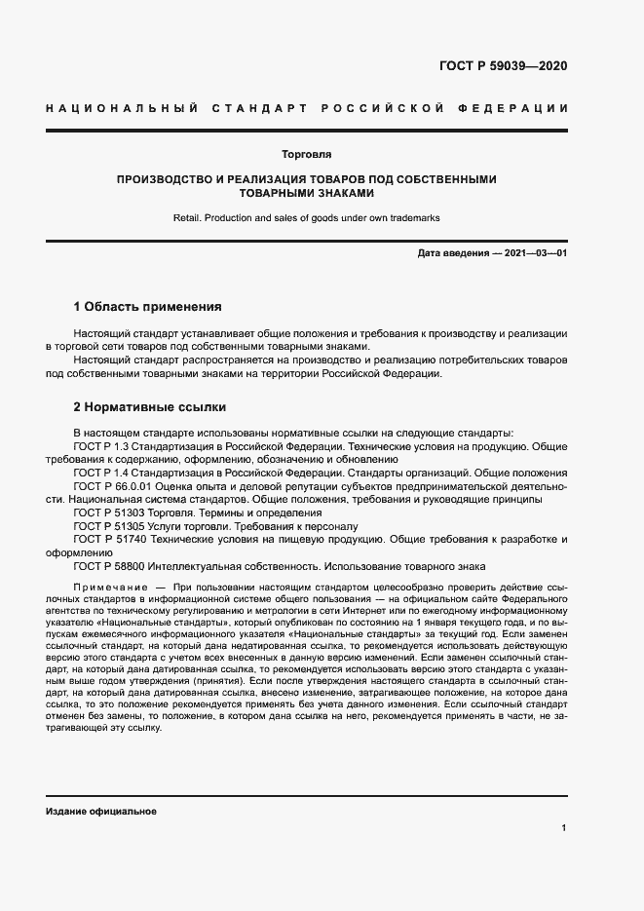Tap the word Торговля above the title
tap(306, 154)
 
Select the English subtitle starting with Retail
tap(306, 217)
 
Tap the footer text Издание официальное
tap(100, 811)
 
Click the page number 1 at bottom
tap(564, 828)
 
